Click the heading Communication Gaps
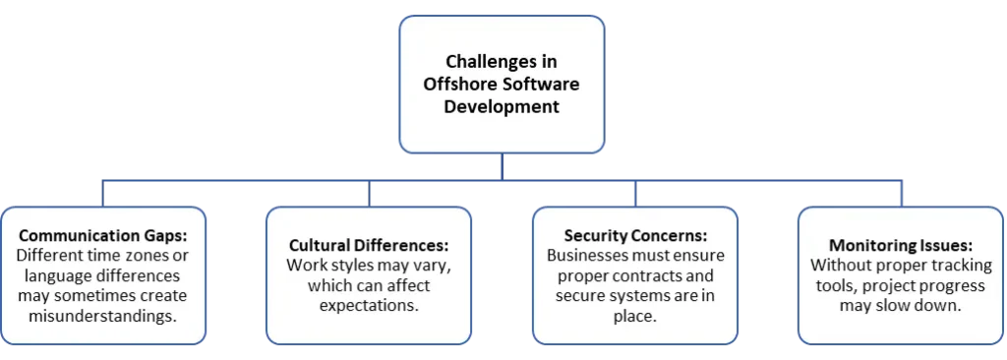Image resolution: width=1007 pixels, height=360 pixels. tap(102, 237)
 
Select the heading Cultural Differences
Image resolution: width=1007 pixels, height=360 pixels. tap(368, 244)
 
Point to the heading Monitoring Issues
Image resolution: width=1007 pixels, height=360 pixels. tap(901, 244)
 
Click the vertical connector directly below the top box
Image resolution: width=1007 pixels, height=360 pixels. tap(502, 166)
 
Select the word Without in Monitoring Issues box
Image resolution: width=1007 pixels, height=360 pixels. tap(842, 266)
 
